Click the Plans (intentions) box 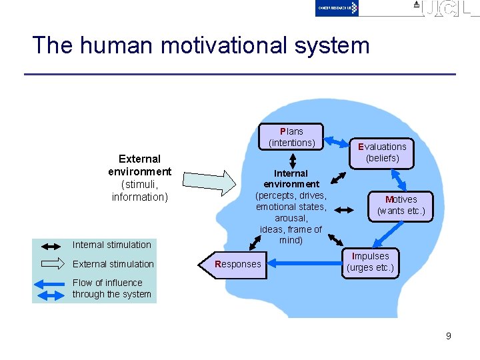(x=291, y=137)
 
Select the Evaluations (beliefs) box (x=382, y=152)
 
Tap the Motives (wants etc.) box (x=401, y=205)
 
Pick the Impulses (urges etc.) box (x=370, y=263)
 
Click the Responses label (x=238, y=264)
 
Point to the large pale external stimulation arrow (x=213, y=181)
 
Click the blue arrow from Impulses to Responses (x=304, y=264)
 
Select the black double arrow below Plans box (x=292, y=160)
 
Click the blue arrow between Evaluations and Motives (x=400, y=179)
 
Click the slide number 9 (x=449, y=336)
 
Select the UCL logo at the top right (x=444, y=9)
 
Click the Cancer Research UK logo (x=337, y=8)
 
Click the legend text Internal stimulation (x=112, y=245)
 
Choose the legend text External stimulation (x=113, y=264)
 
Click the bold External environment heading (x=139, y=165)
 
